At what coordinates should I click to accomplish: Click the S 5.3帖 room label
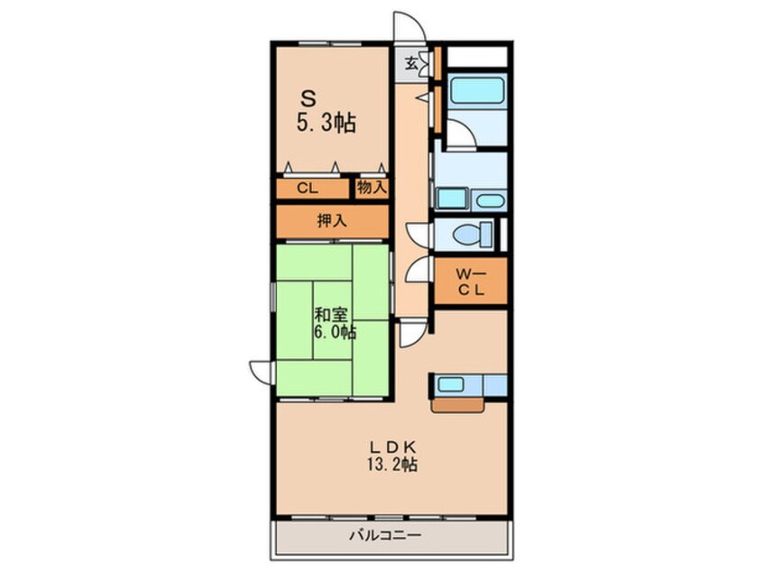pyautogui.click(x=326, y=113)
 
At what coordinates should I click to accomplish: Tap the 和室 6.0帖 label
pyautogui.click(x=335, y=324)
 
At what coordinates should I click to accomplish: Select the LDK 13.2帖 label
pyautogui.click(x=391, y=456)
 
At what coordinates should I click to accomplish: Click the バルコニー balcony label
pyautogui.click(x=385, y=536)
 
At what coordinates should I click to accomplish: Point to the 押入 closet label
pyautogui.click(x=332, y=221)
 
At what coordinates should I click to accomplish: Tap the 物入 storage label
pyautogui.click(x=372, y=187)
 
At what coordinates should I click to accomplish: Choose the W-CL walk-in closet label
pyautogui.click(x=471, y=282)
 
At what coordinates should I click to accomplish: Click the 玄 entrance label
pyautogui.click(x=411, y=63)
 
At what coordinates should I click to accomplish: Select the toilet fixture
pyautogui.click(x=473, y=235)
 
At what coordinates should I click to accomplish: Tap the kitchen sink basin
pyautogui.click(x=450, y=384)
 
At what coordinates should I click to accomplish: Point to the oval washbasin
pyautogui.click(x=489, y=200)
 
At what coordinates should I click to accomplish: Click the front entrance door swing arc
pyautogui.click(x=415, y=20)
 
